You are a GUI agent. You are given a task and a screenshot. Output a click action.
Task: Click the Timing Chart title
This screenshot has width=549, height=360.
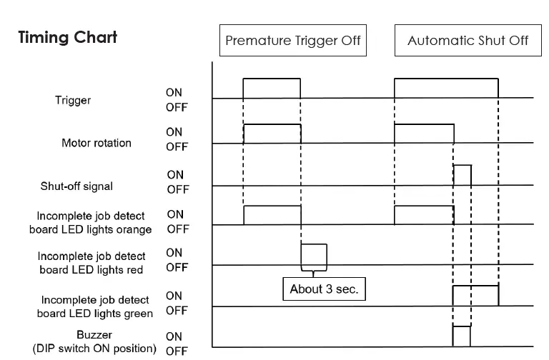tap(67, 37)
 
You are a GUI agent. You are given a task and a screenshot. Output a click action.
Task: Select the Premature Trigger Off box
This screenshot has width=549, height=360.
tap(293, 40)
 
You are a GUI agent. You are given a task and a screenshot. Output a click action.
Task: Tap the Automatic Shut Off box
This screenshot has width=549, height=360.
tap(468, 40)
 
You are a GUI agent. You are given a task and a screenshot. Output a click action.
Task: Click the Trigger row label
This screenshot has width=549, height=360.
tap(73, 101)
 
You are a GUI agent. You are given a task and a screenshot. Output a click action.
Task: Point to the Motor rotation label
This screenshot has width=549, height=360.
tap(97, 143)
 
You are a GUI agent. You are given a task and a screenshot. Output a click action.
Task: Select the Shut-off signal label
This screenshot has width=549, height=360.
tap(76, 186)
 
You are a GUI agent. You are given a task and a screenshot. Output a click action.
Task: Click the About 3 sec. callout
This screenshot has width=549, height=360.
tap(324, 289)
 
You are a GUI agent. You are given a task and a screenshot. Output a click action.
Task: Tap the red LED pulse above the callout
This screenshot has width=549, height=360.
tap(314, 254)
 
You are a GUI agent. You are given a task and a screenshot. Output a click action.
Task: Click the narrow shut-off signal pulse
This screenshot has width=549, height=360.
tap(463, 175)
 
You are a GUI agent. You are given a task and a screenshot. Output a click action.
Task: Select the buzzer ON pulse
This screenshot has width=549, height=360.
tap(462, 336)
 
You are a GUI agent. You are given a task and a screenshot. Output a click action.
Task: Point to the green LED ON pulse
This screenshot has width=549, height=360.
tap(475, 296)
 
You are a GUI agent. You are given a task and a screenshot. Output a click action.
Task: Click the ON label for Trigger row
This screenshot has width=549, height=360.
tap(174, 93)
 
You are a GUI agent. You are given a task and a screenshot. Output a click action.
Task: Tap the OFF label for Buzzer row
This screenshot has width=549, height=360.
tap(176, 351)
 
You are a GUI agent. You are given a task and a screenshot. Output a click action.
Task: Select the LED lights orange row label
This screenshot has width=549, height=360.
tap(90, 223)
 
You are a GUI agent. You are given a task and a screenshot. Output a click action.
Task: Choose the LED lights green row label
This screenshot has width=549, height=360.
tap(94, 307)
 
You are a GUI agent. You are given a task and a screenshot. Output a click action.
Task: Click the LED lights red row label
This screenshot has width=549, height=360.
tap(91, 263)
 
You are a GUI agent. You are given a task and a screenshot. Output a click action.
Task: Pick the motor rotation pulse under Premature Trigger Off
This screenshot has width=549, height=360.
tap(272, 134)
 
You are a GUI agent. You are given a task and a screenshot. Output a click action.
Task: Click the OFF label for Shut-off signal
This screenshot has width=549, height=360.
tap(177, 190)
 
